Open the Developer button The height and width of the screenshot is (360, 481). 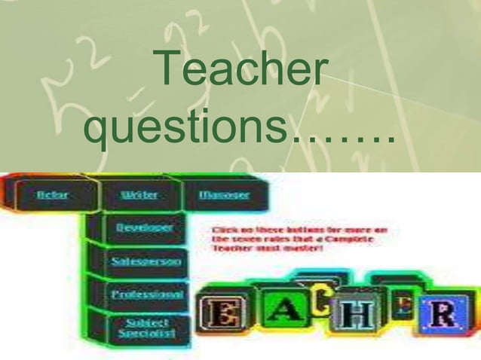tap(143, 227)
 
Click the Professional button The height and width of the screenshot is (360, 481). tap(147, 294)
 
